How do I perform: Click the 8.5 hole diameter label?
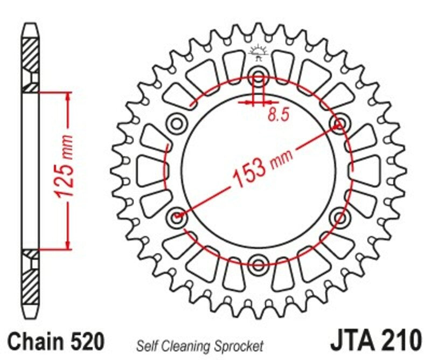tap(276, 114)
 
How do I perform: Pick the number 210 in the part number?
tap(400, 341)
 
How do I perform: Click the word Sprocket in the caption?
tap(240, 345)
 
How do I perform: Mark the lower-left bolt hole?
tap(177, 217)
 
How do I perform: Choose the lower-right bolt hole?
tap(339, 217)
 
